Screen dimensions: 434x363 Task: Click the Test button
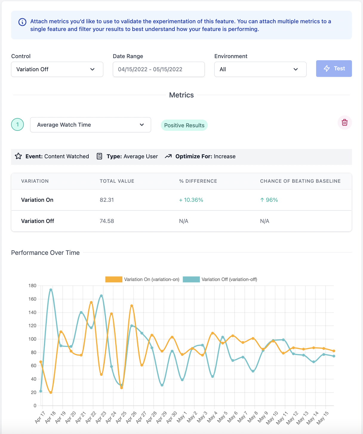pyautogui.click(x=334, y=69)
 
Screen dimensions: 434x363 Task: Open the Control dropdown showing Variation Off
pyautogui.click(x=57, y=69)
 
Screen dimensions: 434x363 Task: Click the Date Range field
pyautogui.click(x=159, y=69)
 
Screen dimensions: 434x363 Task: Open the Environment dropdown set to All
pyautogui.click(x=260, y=69)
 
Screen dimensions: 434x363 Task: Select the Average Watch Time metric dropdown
pyautogui.click(x=90, y=125)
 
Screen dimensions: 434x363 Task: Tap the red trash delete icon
pyautogui.click(x=344, y=123)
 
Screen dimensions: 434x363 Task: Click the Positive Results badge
pyautogui.click(x=184, y=125)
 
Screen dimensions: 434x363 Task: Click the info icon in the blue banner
pyautogui.click(x=22, y=22)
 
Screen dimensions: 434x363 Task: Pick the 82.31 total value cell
pyautogui.click(x=107, y=200)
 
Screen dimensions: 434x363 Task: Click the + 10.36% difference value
pyautogui.click(x=191, y=200)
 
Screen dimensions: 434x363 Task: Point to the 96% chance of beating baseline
pyautogui.click(x=269, y=200)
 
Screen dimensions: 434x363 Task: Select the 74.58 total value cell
pyautogui.click(x=107, y=221)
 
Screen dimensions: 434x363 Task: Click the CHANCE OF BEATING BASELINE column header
pyautogui.click(x=300, y=181)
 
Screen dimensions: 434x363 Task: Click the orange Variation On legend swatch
pyautogui.click(x=114, y=280)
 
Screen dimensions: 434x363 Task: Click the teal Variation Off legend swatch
pyautogui.click(x=191, y=280)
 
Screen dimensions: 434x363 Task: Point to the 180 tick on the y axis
pyautogui.click(x=32, y=286)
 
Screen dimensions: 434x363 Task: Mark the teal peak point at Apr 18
pyautogui.click(x=51, y=290)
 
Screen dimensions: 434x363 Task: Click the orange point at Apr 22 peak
pyautogui.click(x=91, y=303)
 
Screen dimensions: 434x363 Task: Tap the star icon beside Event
pyautogui.click(x=19, y=156)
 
